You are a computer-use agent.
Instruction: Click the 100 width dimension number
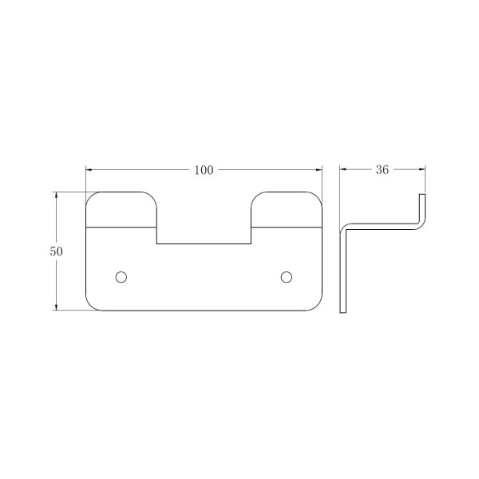(x=204, y=170)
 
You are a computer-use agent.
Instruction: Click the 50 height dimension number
(x=56, y=251)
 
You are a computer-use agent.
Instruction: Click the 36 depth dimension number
(x=382, y=170)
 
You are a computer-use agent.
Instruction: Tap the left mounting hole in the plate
(x=121, y=277)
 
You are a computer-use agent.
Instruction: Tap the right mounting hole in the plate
(x=287, y=277)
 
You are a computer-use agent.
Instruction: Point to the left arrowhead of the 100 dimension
(x=89, y=169)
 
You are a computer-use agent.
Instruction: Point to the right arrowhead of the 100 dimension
(x=319, y=169)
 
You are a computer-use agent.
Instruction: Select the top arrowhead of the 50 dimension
(x=56, y=196)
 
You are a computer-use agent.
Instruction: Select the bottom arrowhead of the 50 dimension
(x=56, y=307)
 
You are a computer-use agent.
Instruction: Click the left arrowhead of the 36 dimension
(x=343, y=169)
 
